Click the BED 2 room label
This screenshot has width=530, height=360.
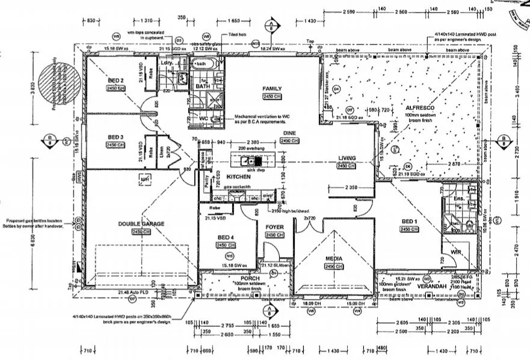click(116, 81)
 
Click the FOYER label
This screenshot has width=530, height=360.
click(274, 227)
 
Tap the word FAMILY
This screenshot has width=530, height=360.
click(272, 88)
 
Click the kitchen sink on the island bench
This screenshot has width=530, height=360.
click(248, 161)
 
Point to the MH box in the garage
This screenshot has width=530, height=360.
click(144, 179)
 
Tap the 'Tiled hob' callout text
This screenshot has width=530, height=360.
click(232, 36)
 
